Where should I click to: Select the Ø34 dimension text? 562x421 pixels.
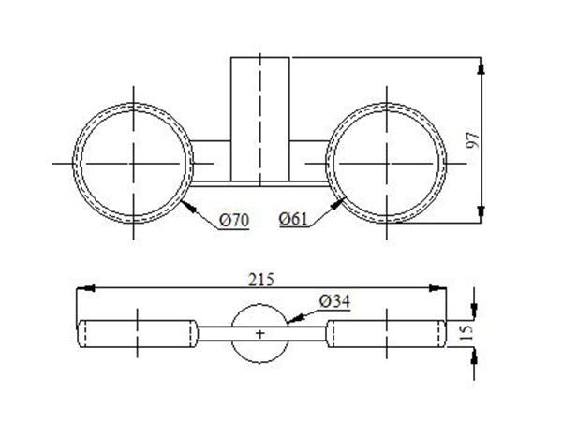[334, 300]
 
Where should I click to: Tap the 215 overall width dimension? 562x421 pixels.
[262, 279]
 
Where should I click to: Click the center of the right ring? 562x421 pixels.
[387, 162]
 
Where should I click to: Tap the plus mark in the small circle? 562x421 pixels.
[260, 333]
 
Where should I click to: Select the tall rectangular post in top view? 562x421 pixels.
[260, 117]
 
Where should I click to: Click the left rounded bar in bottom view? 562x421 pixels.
[137, 334]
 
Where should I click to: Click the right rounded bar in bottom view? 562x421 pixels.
[385, 334]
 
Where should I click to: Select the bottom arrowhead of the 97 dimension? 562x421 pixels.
[481, 216]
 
